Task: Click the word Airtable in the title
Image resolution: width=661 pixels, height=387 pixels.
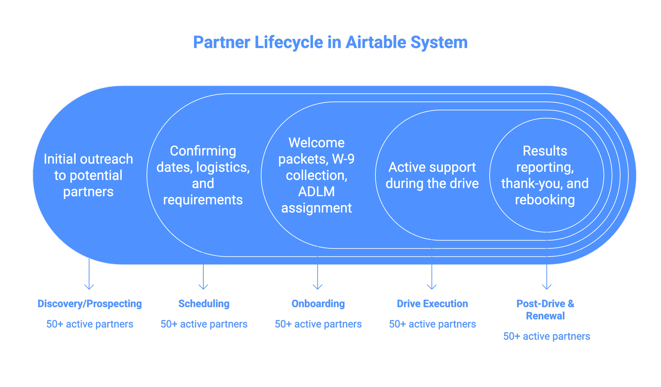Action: pyautogui.click(x=376, y=42)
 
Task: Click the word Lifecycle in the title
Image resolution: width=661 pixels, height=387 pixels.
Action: pyautogui.click(x=289, y=42)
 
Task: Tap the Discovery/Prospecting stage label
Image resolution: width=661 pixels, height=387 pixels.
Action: pyautogui.click(x=90, y=304)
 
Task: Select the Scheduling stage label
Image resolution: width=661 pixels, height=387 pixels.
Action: pyautogui.click(x=204, y=304)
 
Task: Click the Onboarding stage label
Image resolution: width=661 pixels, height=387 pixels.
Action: pyautogui.click(x=318, y=304)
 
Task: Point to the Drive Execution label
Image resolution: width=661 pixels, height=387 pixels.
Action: pyautogui.click(x=432, y=304)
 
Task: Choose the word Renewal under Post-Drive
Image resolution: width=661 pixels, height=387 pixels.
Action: pyautogui.click(x=545, y=316)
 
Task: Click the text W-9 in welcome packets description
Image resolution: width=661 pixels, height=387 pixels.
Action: pyautogui.click(x=343, y=159)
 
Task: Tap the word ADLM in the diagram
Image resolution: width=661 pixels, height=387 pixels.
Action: pyautogui.click(x=316, y=192)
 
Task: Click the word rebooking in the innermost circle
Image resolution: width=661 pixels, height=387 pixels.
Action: pyautogui.click(x=545, y=200)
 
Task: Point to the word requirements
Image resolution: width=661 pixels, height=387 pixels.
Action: pyautogui.click(x=203, y=200)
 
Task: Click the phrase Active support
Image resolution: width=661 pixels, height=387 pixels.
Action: pyautogui.click(x=432, y=167)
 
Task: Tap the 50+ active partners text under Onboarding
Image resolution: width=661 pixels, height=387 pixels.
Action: pyautogui.click(x=318, y=324)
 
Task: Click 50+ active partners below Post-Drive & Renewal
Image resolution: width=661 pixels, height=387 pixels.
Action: pyautogui.click(x=547, y=336)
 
